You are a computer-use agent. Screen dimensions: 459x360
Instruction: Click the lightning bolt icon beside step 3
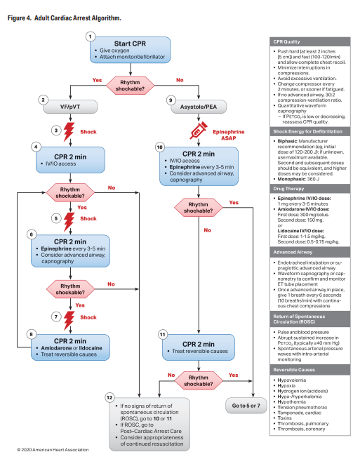69,131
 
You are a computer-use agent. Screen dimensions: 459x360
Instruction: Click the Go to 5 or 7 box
253,406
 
